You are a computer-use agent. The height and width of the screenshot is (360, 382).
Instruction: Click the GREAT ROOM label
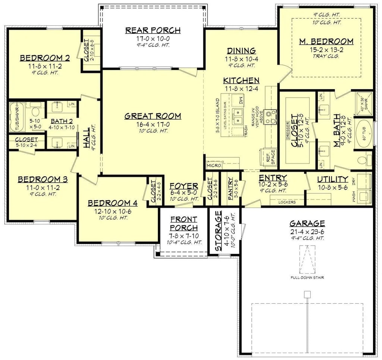coord(153,116)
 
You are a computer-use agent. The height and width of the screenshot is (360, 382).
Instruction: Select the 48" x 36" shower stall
coord(364,101)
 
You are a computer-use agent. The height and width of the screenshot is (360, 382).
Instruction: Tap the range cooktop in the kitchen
coord(271,117)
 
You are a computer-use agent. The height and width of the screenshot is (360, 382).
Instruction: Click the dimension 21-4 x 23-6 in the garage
coord(307,231)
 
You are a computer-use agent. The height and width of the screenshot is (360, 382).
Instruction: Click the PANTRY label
coord(231,189)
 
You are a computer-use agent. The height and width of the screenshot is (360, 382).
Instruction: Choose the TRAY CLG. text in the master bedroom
coord(326,56)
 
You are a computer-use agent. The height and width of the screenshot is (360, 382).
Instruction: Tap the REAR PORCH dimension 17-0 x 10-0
coord(153,38)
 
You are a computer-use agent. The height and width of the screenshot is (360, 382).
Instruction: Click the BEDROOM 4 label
coord(113,203)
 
